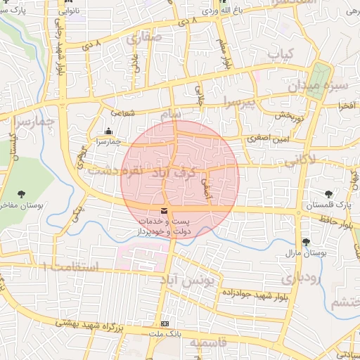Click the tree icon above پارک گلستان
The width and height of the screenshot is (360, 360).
(x=328, y=194)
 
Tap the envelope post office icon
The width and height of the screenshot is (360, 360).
(x=165, y=211)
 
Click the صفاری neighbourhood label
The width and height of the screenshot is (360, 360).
(x=144, y=37)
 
